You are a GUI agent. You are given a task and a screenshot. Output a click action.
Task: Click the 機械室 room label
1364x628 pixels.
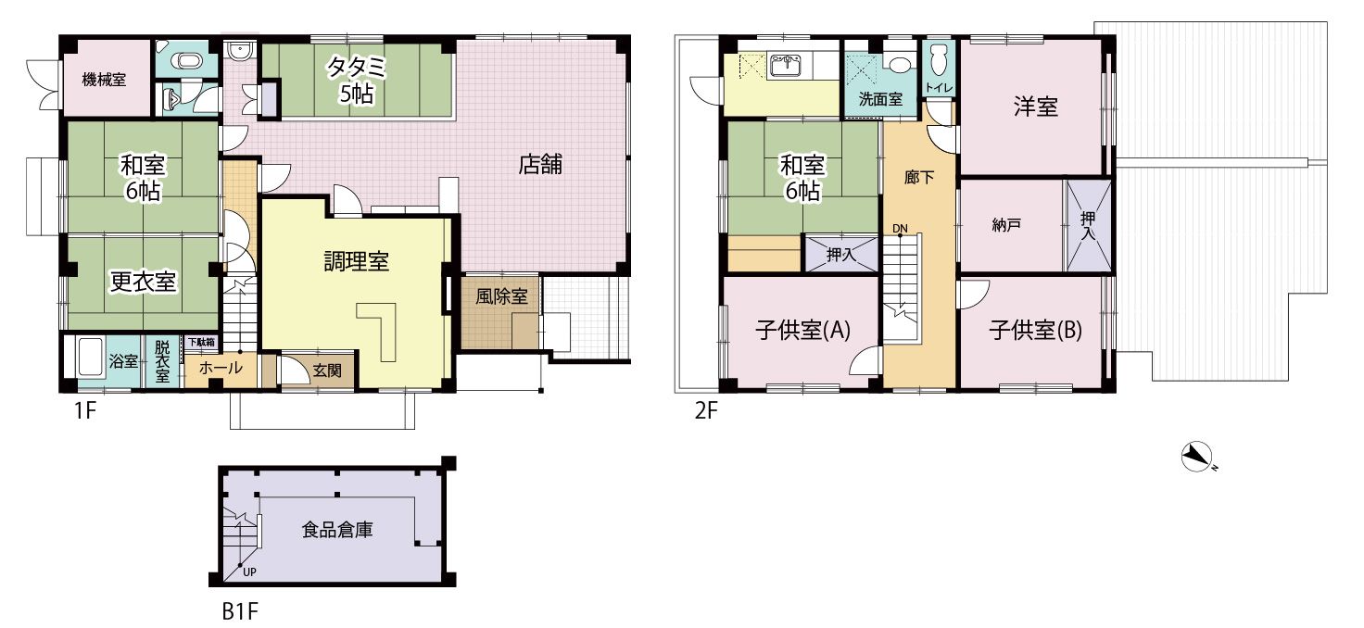coord(104,79)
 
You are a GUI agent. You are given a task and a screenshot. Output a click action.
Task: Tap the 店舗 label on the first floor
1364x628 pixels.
coord(540,164)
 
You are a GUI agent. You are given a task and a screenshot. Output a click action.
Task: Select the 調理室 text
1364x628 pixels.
coord(356,261)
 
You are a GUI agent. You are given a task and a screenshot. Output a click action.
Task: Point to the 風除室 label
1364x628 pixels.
coord(501,296)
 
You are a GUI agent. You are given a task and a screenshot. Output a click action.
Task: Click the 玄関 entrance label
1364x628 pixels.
coord(327,370)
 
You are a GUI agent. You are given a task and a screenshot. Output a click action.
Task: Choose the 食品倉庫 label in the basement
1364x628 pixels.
coord(337,530)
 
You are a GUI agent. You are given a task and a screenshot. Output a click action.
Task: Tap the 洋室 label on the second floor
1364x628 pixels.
coord(1036,107)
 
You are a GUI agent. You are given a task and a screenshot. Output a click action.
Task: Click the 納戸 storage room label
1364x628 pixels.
coord(1006,225)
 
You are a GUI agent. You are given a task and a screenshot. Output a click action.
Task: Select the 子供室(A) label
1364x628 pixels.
coord(802,331)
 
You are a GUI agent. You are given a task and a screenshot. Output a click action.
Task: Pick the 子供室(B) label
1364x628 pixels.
coord(1035,331)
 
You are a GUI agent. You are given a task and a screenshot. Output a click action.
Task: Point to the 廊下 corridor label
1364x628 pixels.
coord(919,177)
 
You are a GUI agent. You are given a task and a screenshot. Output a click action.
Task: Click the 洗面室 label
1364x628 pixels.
coord(880,99)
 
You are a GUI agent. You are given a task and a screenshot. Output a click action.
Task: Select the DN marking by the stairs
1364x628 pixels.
coord(900,229)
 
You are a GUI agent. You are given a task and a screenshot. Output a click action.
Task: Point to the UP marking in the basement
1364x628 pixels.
coord(249,572)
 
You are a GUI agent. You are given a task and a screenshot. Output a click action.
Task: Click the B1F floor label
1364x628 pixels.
coord(240,611)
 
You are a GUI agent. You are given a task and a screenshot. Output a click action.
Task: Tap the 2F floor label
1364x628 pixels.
coord(706,410)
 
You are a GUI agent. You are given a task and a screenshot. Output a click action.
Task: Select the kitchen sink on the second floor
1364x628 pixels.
coord(786,65)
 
